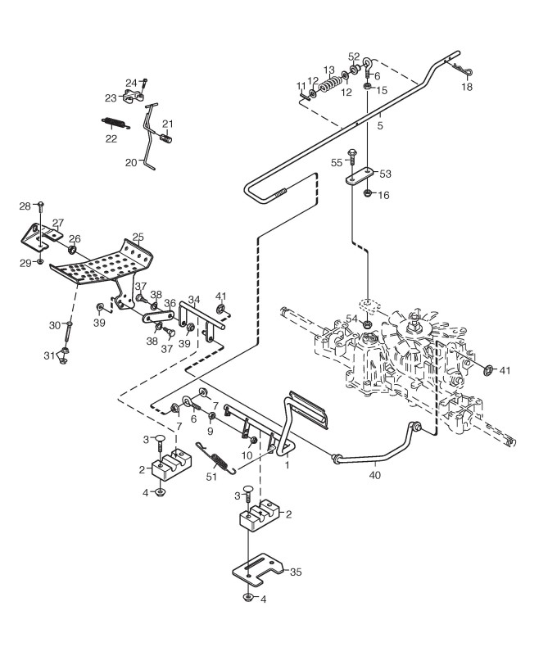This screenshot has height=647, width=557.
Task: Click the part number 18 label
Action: tap(467, 87)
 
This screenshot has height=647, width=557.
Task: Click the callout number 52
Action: tap(354, 57)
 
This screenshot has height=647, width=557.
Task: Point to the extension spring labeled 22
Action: tap(115, 123)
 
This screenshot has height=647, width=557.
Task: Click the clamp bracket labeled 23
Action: tap(132, 97)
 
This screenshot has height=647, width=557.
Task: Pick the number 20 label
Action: tap(131, 163)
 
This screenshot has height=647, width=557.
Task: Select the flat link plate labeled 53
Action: tap(360, 176)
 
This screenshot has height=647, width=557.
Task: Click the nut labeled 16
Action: tap(367, 193)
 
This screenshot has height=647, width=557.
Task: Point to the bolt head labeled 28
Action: tap(41, 204)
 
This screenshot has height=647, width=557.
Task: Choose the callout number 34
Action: tap(194, 299)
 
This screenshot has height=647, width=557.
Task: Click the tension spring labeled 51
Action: tap(215, 458)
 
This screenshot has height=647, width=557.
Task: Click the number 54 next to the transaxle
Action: tap(351, 319)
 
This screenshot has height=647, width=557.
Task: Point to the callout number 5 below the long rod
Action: tap(380, 125)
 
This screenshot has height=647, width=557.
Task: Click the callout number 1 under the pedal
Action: tap(288, 465)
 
